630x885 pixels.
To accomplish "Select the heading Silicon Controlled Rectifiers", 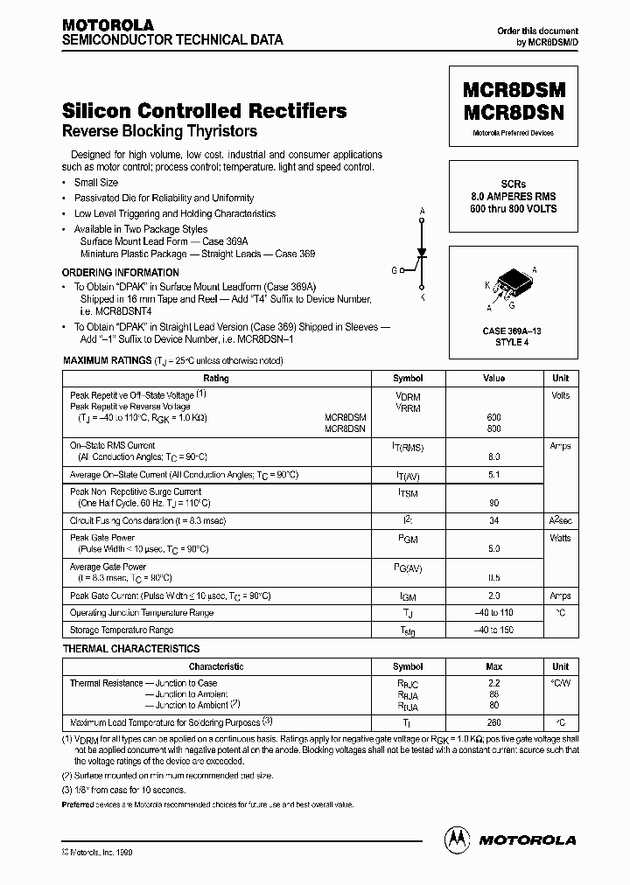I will click(x=204, y=111).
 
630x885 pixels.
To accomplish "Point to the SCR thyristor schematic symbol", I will click(x=423, y=254).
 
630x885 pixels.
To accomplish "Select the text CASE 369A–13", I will click(x=512, y=331).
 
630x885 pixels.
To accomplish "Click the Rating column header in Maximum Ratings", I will click(x=215, y=379).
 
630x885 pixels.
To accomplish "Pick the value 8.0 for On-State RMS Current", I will click(x=493, y=456).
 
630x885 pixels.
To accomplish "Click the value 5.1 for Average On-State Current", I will click(x=493, y=474).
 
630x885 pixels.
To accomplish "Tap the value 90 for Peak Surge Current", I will click(x=493, y=503).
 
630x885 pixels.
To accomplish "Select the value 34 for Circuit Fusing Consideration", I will click(x=493, y=520).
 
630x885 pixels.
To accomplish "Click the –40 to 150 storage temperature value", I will click(x=493, y=630).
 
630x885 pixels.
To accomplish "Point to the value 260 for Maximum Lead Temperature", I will click(x=493, y=722).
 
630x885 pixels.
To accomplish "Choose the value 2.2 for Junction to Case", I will click(x=493, y=683).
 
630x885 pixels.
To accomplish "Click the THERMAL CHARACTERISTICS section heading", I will click(x=131, y=649).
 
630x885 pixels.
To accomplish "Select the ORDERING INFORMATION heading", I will click(x=120, y=273).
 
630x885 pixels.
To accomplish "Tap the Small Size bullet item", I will click(x=95, y=183).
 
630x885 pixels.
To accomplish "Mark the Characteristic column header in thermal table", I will click(x=215, y=666).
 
